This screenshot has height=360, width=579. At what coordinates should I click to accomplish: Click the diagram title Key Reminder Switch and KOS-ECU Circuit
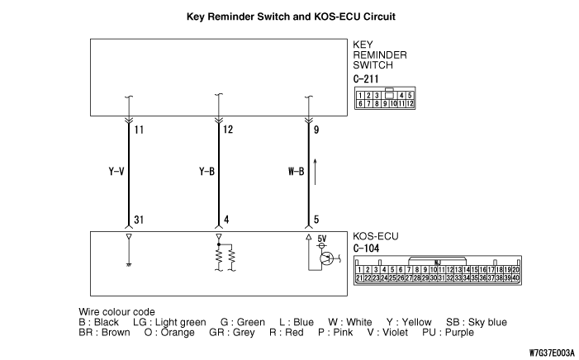289,16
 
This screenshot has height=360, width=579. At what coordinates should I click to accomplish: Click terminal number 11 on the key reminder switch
139,130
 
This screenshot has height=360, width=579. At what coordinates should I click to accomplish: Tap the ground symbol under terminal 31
127,264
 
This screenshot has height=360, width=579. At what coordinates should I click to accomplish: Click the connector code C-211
365,80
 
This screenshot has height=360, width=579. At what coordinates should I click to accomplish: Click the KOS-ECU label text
376,235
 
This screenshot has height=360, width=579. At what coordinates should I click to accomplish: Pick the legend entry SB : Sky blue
477,322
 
